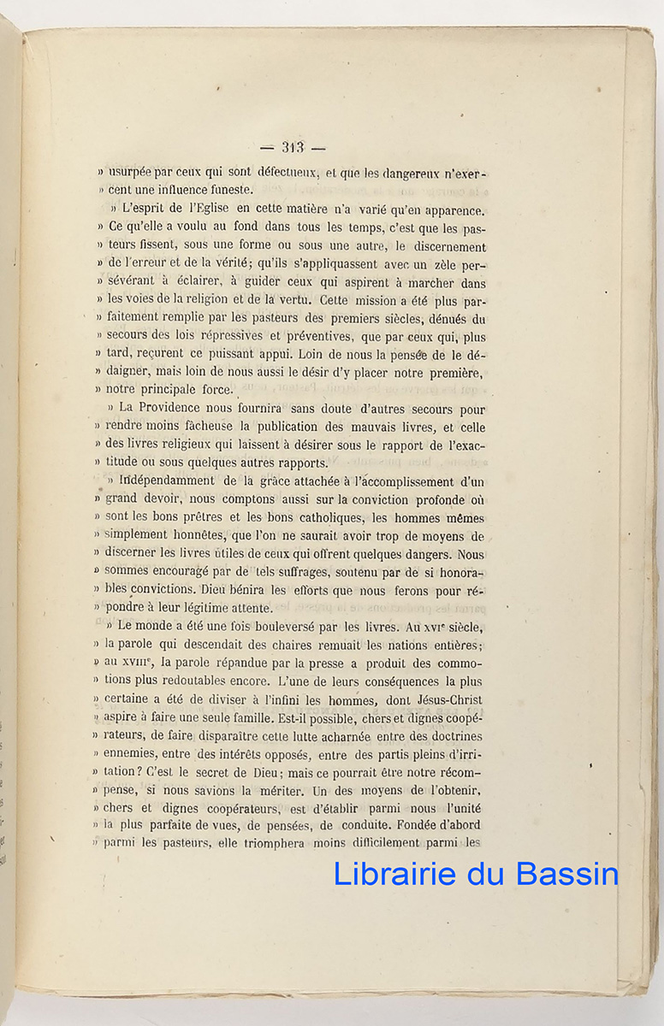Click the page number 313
293,147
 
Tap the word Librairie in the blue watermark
392,874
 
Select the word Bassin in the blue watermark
566,874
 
